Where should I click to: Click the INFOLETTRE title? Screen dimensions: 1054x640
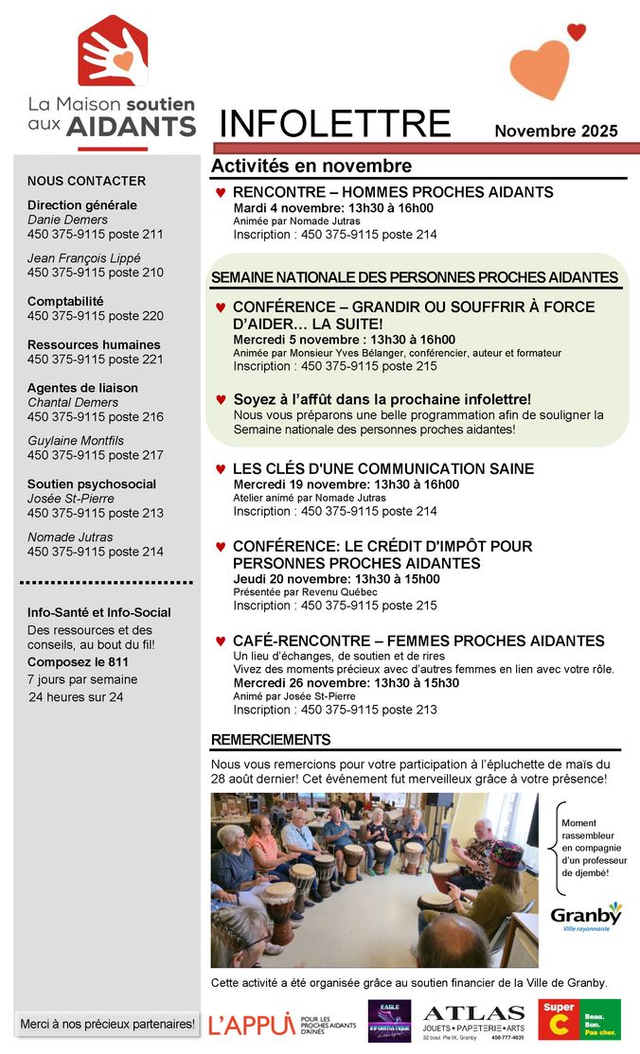335,125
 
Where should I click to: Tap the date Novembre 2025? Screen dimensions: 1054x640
556,132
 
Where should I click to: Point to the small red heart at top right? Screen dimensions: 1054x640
577,32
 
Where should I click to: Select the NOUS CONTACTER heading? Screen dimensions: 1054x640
86,181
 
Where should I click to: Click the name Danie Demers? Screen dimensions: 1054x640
68,220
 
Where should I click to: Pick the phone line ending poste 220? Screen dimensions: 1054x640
96,316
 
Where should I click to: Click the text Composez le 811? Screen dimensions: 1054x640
78,662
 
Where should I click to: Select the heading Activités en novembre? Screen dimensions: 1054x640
311,167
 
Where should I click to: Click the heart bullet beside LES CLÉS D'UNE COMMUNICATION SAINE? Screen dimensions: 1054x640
221,469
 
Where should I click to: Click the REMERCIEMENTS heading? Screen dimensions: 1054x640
271,740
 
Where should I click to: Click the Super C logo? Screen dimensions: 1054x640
578,1019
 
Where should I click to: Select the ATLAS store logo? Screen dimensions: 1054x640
473,1021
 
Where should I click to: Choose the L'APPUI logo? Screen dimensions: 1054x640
251,1024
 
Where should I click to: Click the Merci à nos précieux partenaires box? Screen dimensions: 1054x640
107,1024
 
